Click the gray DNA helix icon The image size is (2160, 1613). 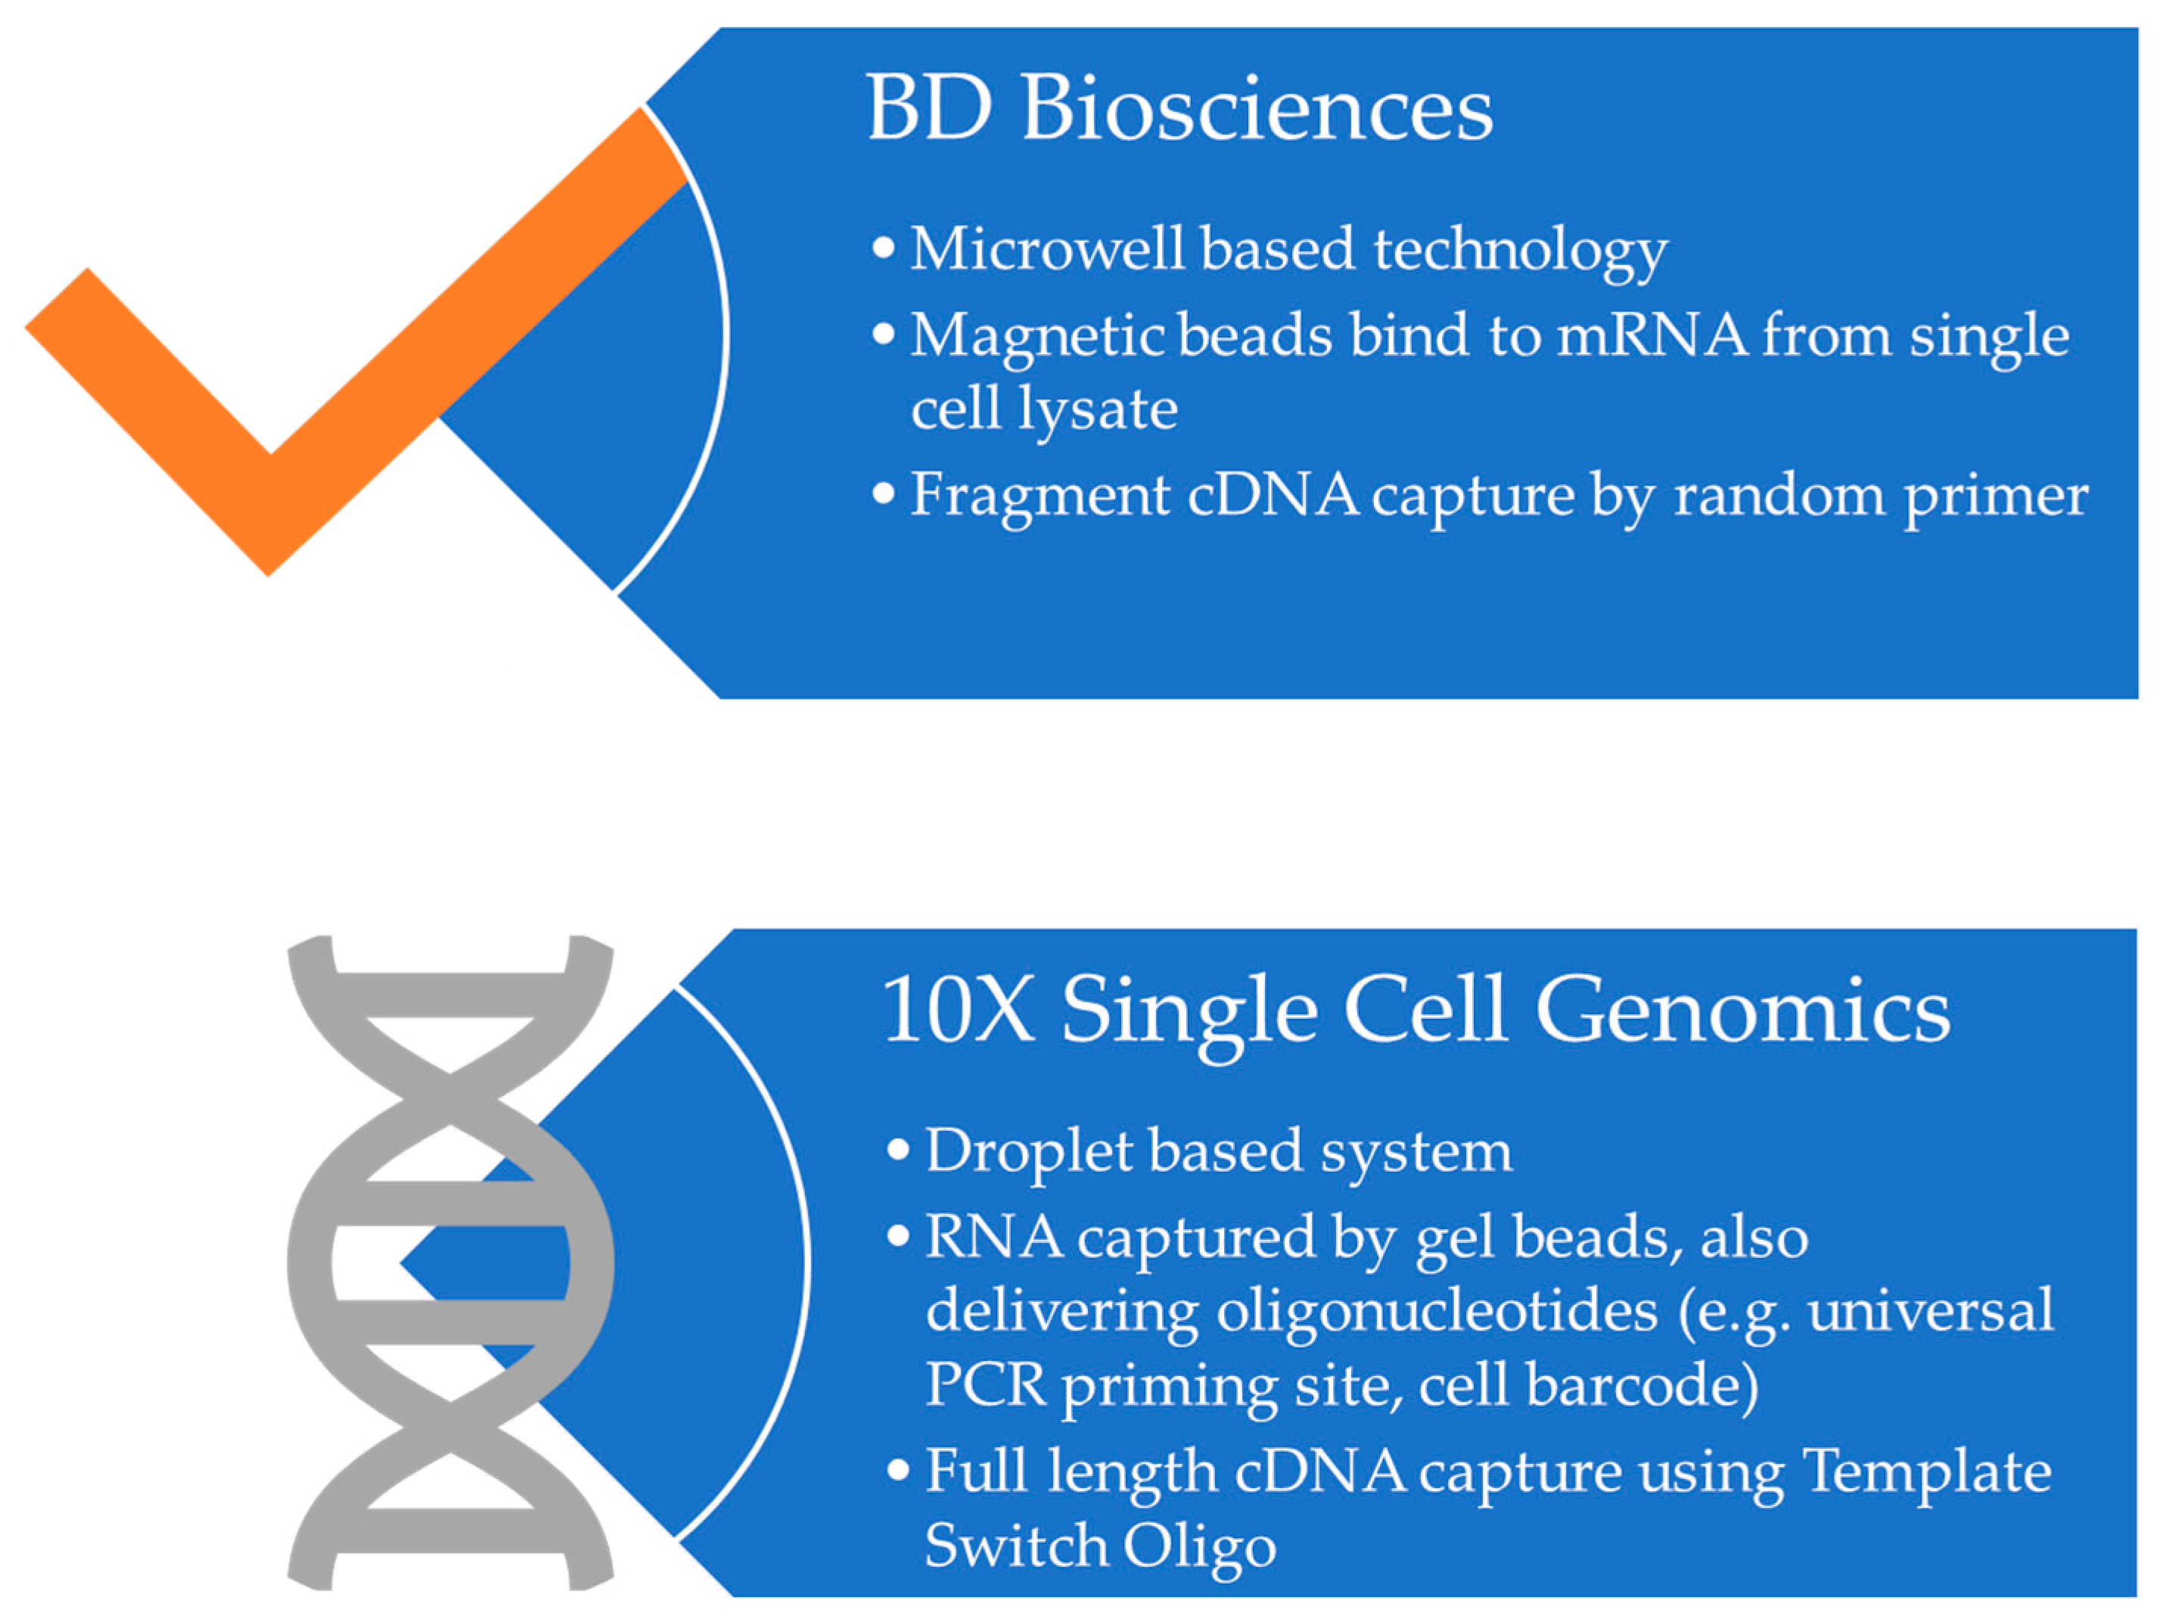pos(450,1260)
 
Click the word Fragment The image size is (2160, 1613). pos(1040,496)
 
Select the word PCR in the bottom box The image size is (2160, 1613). pos(985,1384)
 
